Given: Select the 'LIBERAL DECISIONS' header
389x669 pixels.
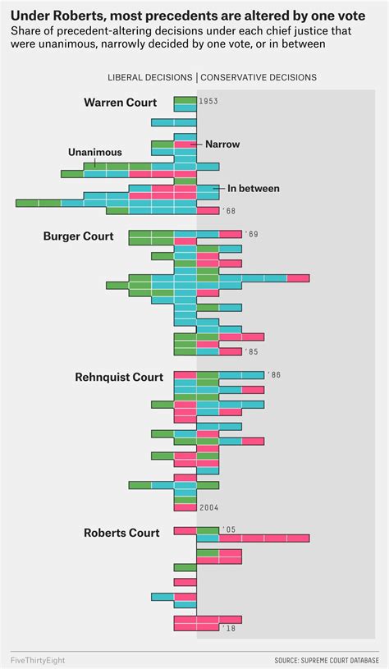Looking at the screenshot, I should coord(150,77).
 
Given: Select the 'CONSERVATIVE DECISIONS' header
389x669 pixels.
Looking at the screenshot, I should coord(259,77).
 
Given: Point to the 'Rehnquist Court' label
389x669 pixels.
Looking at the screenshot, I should coord(118,377).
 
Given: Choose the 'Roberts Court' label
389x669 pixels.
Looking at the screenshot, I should coord(122,533).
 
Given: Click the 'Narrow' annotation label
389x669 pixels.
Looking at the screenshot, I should coord(222,144).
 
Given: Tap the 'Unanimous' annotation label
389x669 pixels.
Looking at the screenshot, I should coord(94,152).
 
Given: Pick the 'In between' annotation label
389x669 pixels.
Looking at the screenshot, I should coord(253,188).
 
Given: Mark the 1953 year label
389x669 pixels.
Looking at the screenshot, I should coord(208,102).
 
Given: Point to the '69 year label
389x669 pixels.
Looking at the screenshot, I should coord(251,235).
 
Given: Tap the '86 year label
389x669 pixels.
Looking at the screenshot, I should coord(273,375).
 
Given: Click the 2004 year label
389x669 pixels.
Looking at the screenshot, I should coord(208,507).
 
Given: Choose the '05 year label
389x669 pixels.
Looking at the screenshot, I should coord(228,530).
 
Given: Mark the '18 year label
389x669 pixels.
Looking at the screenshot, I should coord(228,628).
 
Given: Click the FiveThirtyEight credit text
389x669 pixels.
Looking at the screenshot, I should coord(39,659).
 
